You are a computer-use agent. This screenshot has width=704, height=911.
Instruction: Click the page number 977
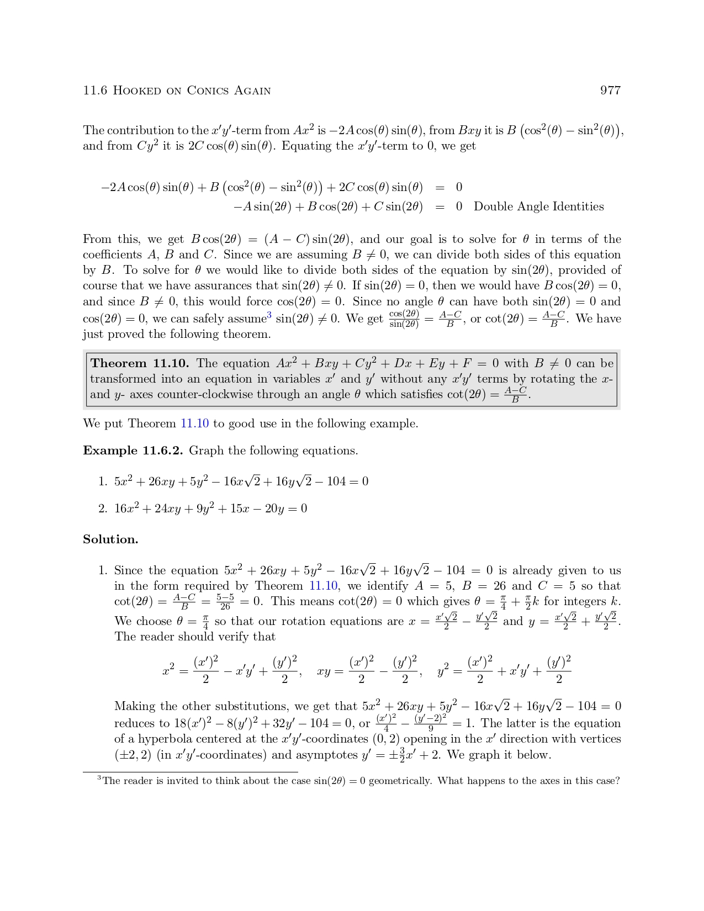click(x=610, y=91)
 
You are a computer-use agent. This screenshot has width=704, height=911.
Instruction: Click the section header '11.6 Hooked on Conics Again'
click(x=177, y=91)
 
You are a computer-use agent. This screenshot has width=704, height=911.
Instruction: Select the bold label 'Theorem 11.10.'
click(x=140, y=363)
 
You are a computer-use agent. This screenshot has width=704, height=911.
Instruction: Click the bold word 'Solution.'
click(x=110, y=539)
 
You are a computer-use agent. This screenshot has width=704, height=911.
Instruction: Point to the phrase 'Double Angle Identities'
click(x=538, y=206)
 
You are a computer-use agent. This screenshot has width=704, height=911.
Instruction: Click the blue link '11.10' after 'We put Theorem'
click(x=194, y=423)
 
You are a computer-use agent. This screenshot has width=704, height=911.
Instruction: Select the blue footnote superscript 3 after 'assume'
click(x=269, y=315)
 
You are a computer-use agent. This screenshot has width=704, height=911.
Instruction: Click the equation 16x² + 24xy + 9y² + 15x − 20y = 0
click(x=210, y=509)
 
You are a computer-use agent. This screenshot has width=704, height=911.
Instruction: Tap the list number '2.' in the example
click(x=103, y=509)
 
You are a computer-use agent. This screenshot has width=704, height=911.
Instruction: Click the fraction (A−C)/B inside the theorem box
click(x=515, y=394)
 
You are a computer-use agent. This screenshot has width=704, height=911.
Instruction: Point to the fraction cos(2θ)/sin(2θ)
click(x=404, y=319)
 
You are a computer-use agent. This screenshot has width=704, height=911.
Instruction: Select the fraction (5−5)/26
click(x=225, y=602)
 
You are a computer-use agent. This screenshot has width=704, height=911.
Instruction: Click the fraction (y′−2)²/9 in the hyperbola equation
click(x=431, y=723)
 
